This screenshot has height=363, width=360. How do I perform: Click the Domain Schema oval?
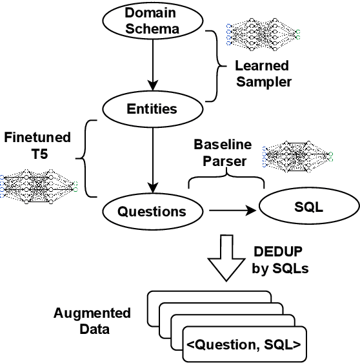click(152, 21)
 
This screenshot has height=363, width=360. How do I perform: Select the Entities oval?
click(152, 109)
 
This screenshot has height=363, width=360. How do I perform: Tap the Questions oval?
click(152, 211)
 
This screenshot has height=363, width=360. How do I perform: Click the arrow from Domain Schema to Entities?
click(152, 65)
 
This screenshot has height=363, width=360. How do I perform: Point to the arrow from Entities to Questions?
click(152, 158)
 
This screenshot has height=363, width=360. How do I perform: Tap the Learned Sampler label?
click(261, 73)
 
